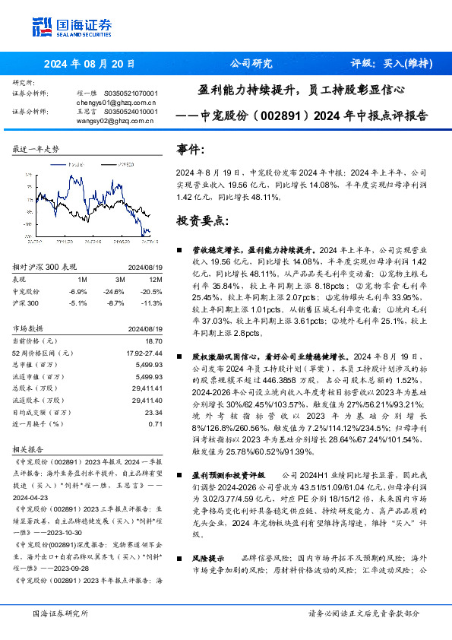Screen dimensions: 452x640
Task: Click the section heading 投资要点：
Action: [x=201, y=220]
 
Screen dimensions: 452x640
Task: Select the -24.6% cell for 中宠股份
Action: [x=114, y=291]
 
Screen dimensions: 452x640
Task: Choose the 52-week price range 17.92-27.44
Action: [x=144, y=353]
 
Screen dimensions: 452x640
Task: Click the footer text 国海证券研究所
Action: [x=61, y=613]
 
